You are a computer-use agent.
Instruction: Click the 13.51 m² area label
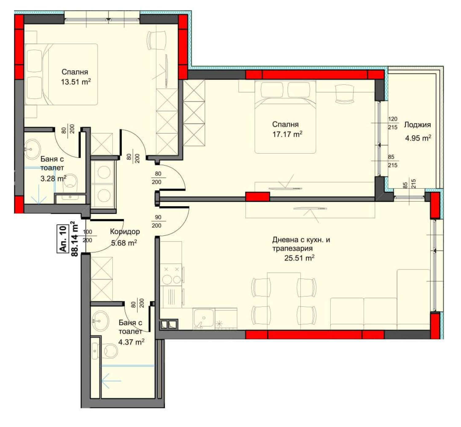pyautogui.click(x=76, y=82)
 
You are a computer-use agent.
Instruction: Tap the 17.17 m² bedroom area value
pyautogui.click(x=287, y=134)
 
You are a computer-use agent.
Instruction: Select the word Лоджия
pyautogui.click(x=417, y=125)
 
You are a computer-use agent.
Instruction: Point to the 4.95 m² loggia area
pyautogui.click(x=418, y=138)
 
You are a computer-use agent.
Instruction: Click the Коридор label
pyautogui.click(x=125, y=232)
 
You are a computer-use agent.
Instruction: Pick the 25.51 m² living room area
pyautogui.click(x=299, y=258)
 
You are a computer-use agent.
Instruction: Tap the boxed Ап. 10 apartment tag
pyautogui.click(x=63, y=239)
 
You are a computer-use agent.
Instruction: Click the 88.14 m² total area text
pyautogui.click(x=75, y=239)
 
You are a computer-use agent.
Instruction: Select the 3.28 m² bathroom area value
pyautogui.click(x=53, y=178)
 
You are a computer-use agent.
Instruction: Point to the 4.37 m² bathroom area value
pyautogui.click(x=131, y=342)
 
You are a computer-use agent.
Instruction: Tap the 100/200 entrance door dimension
pyautogui.click(x=88, y=236)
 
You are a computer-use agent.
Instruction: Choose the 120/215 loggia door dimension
pyautogui.click(x=393, y=123)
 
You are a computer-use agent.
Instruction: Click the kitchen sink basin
pyautogui.click(x=203, y=318)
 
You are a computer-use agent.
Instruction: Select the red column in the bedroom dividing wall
pyautogui.click(x=258, y=196)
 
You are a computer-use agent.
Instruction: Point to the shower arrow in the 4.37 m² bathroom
pyautogui.click(x=112, y=381)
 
